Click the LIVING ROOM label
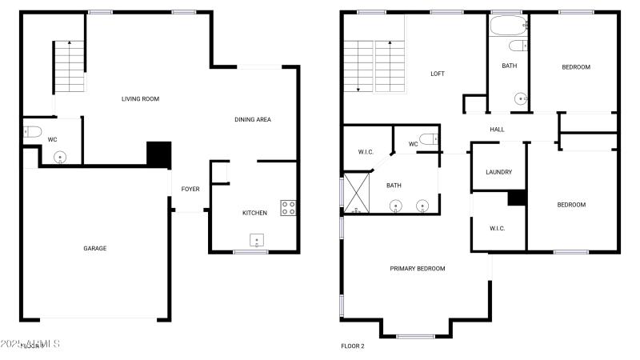pyautogui.click(x=140, y=99)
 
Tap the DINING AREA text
pyautogui.click(x=252, y=120)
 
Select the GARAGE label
pyautogui.click(x=94, y=248)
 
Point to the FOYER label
pyautogui.click(x=190, y=189)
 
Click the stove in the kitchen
pyautogui.click(x=288, y=208)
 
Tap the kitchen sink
pyautogui.click(x=257, y=240)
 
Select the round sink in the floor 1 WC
pyautogui.click(x=60, y=157)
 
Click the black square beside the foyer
pyautogui.click(x=159, y=154)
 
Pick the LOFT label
pyautogui.click(x=437, y=74)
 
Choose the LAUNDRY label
pyautogui.click(x=498, y=172)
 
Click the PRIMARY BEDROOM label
pyautogui.click(x=418, y=269)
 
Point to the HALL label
pyautogui.click(x=497, y=128)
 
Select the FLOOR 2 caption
pyautogui.click(x=353, y=346)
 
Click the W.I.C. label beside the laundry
pyautogui.click(x=498, y=228)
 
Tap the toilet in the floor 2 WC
pyautogui.click(x=429, y=138)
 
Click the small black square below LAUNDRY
pyautogui.click(x=516, y=198)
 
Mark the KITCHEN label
pyautogui.click(x=254, y=213)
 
